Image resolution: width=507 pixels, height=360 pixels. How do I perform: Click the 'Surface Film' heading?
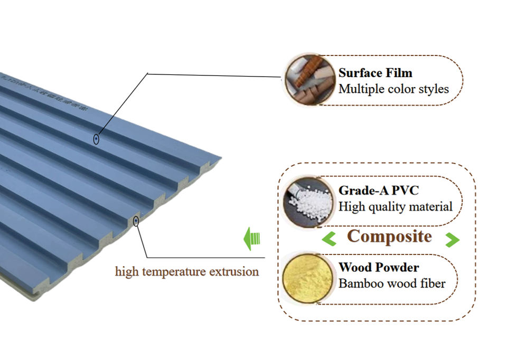tap(375, 73)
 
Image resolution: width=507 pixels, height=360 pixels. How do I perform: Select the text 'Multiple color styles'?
tap(393, 88)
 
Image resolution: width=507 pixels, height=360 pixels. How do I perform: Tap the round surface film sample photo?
tap(310, 79)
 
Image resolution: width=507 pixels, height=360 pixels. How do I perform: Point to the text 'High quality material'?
tap(395, 206)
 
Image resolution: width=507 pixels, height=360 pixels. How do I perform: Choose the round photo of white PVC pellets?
tap(308, 202)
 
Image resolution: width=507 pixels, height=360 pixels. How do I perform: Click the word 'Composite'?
tap(390, 236)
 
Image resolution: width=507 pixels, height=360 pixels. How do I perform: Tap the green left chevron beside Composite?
tap(329, 240)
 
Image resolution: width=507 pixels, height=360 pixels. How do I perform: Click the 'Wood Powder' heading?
tap(379, 268)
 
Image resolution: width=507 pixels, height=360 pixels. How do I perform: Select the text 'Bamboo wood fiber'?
tap(391, 283)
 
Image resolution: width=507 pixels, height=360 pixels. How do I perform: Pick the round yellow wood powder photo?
tap(307, 278)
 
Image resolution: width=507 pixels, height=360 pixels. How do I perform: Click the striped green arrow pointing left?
tap(252, 239)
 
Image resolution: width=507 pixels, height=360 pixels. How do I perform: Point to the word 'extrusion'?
tap(234, 272)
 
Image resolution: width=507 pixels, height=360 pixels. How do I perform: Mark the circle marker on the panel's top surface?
tap(96, 139)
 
